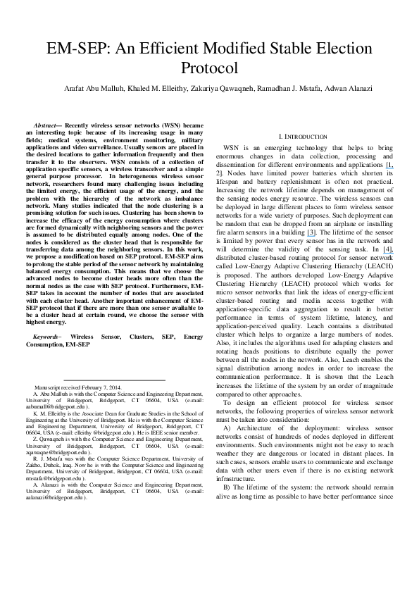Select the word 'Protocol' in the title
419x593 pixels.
pyautogui.click(x=209, y=68)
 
